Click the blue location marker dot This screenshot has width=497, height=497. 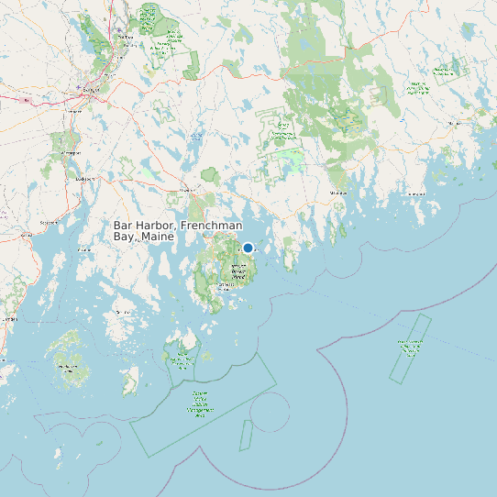[248, 248]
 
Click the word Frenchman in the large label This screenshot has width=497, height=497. [213, 226]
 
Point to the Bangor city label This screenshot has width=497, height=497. [90, 90]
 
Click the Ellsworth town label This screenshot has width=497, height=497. [188, 190]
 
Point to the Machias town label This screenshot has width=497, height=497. [456, 122]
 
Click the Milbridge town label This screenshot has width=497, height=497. [339, 193]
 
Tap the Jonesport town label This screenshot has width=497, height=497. [417, 194]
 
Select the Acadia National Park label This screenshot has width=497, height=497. [238, 271]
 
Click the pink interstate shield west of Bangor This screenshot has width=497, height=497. [27, 99]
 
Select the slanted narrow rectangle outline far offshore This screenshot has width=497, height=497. [410, 348]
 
